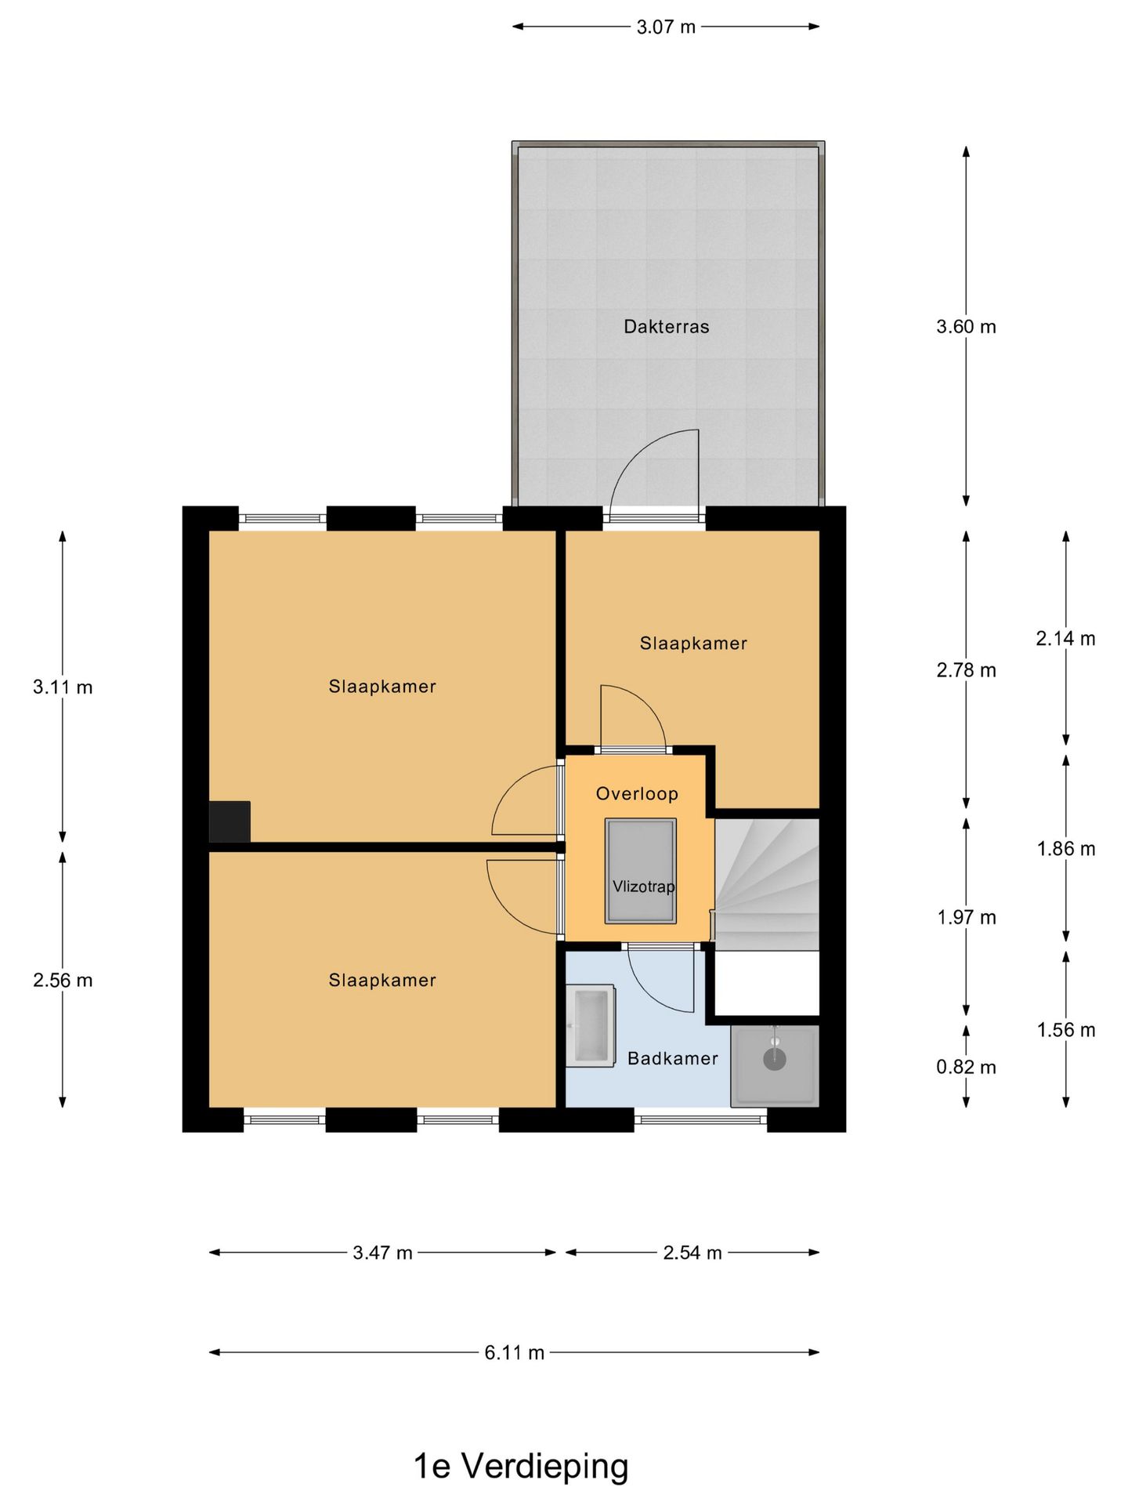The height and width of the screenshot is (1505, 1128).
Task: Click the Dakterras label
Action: tap(666, 326)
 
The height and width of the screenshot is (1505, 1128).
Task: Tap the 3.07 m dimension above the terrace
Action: tap(666, 27)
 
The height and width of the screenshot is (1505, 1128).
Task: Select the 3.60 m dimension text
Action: tap(966, 326)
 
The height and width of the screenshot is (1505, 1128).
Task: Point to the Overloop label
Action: tap(637, 793)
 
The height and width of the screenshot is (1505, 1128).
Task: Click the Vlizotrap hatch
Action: tap(640, 871)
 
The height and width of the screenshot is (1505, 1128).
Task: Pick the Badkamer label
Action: tap(673, 1058)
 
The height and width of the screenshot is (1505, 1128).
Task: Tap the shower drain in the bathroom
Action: tap(775, 1058)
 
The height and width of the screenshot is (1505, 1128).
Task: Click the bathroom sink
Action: tap(591, 1026)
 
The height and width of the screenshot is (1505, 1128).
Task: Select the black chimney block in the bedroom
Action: tap(230, 821)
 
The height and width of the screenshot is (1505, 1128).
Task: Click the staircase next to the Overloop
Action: tap(767, 885)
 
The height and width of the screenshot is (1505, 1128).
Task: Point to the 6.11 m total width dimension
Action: tap(514, 1352)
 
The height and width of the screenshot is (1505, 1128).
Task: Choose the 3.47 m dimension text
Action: tap(382, 1253)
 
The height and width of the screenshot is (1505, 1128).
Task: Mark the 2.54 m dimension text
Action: tap(692, 1253)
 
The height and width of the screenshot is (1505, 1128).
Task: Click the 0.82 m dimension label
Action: tap(966, 1067)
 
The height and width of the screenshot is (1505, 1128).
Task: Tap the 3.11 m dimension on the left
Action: tap(63, 687)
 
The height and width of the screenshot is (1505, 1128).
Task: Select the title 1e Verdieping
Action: tap(521, 1466)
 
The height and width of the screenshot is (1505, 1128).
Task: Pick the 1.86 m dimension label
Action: tap(1066, 848)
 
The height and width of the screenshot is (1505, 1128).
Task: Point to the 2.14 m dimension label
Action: tap(1065, 639)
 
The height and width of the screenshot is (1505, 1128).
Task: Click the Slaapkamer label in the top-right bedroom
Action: tap(693, 644)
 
